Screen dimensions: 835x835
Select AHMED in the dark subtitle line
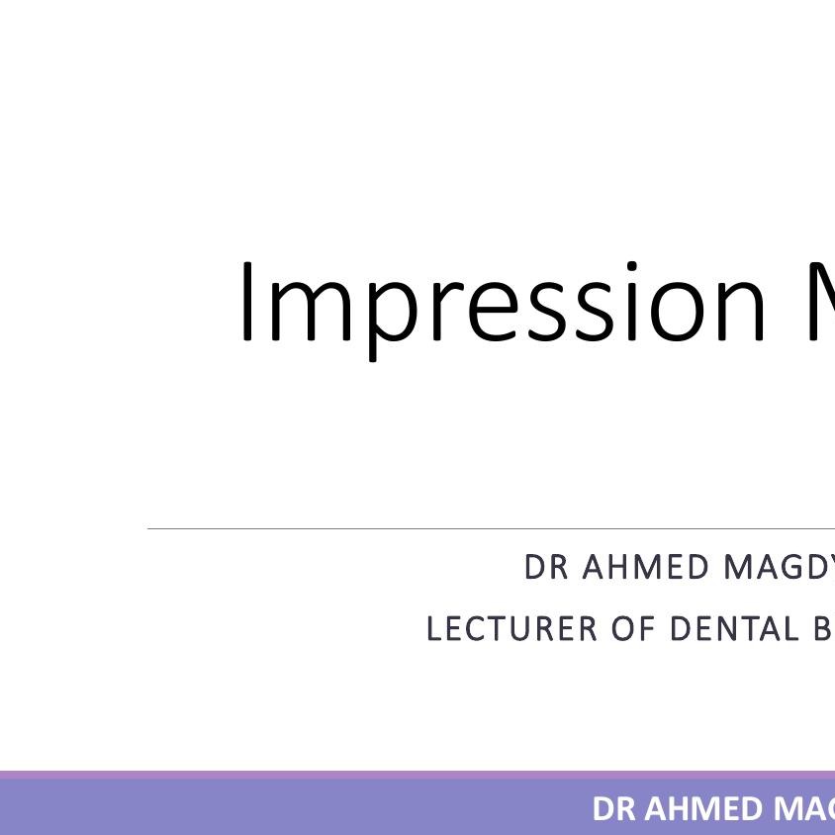[x=646, y=568]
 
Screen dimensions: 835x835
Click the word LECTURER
[x=512, y=629]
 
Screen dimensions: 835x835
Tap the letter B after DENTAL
[x=824, y=629]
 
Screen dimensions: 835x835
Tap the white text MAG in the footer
[x=804, y=809]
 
